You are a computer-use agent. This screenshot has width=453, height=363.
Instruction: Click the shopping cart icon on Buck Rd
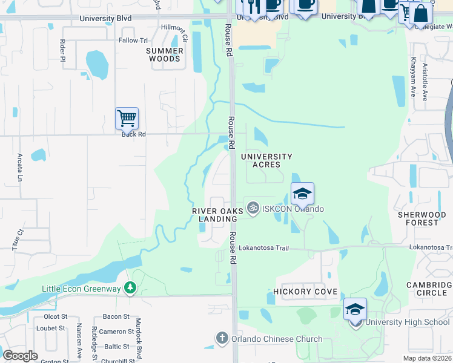point(127,118)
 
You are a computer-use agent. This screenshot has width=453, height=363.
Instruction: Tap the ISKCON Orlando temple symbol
point(253,208)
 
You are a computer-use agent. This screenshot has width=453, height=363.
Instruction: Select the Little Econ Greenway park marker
point(129,288)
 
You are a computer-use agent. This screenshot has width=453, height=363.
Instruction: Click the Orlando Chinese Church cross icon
point(222,338)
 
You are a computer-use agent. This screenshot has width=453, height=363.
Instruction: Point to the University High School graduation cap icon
point(355,310)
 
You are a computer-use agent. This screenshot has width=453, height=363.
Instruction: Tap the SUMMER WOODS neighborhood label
point(165,55)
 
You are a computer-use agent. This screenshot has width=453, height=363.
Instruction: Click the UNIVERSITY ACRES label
point(266,160)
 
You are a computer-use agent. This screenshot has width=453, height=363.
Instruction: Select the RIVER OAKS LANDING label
point(217,215)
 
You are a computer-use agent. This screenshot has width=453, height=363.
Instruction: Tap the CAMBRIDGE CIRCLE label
point(426,289)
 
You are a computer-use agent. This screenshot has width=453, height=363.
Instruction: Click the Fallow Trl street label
point(133,41)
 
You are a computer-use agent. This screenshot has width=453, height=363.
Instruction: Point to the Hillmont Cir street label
point(175,28)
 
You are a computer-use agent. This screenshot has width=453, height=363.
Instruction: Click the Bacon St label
point(116,316)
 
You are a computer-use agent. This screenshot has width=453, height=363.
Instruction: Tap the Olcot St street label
point(56,316)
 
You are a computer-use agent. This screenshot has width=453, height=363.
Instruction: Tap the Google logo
point(20,355)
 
